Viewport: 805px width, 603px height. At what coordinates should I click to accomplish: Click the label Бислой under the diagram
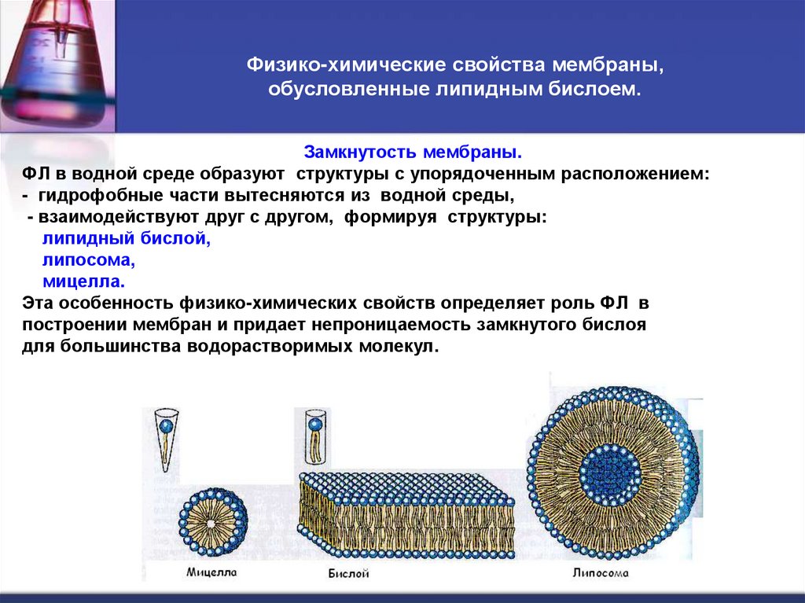tap(348, 574)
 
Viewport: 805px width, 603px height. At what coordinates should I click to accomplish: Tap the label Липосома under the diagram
tap(600, 573)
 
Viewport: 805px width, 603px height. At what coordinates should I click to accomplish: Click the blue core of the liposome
tap(610, 472)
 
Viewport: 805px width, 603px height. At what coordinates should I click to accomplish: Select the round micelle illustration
tap(213, 522)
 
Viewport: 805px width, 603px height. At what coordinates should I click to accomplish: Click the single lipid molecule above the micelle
tap(166, 439)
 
